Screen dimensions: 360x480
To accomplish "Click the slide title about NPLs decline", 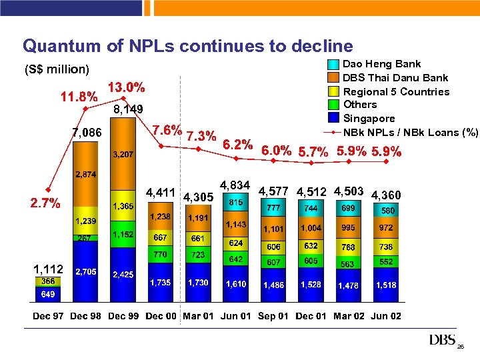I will [x=187, y=45].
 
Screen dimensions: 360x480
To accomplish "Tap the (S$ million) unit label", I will [x=56, y=69].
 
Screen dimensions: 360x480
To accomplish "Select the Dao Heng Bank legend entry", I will [x=381, y=64].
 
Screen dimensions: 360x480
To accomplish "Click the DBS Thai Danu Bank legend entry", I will [x=395, y=78].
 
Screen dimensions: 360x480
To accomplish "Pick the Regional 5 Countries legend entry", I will [x=396, y=91].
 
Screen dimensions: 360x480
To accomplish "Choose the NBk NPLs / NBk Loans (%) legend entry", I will [x=410, y=132].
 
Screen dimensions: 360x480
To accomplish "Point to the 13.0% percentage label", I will [x=127, y=87].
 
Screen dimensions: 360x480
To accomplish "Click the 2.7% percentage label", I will [x=45, y=202].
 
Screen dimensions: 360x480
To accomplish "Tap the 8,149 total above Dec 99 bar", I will [x=128, y=109].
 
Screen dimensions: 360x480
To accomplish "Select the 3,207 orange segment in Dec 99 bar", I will [x=122, y=154].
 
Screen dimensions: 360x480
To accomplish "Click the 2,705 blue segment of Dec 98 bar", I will [x=85, y=272].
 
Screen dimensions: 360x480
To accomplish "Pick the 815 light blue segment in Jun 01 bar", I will [x=236, y=202].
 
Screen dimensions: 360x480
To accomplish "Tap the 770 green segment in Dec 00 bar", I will [x=160, y=254].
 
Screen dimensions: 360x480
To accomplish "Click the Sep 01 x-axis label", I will [x=273, y=316].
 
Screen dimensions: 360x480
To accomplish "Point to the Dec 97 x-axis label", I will [x=48, y=316].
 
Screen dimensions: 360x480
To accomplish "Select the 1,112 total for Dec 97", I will [x=48, y=269].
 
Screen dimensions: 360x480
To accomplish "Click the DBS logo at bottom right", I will [x=442, y=340].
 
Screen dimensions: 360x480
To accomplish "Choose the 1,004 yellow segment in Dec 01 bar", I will [x=311, y=228].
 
